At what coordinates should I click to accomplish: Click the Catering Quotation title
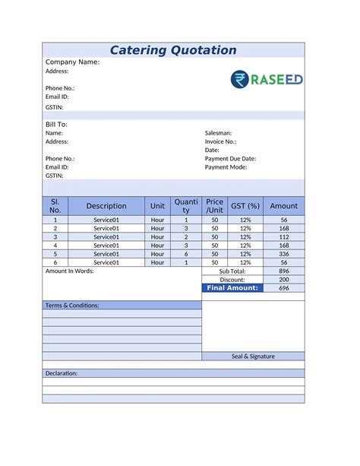(x=173, y=50)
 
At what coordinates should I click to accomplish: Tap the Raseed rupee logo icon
(x=241, y=80)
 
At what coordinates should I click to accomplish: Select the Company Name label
(x=73, y=62)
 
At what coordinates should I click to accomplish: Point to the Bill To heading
(x=57, y=124)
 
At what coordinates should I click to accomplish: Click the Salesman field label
(x=218, y=133)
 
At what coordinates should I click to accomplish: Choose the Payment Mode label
(x=226, y=167)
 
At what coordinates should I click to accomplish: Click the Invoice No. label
(x=220, y=141)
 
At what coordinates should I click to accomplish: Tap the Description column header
(x=106, y=206)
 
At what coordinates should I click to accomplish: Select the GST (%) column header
(x=245, y=206)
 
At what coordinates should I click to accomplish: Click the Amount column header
(x=284, y=206)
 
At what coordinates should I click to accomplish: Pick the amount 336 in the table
(x=284, y=254)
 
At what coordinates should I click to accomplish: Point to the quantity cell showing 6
(x=186, y=254)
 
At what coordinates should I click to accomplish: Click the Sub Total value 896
(x=284, y=271)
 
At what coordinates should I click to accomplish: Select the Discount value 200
(x=284, y=280)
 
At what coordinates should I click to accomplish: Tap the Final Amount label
(x=232, y=288)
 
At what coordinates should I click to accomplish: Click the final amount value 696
(x=284, y=288)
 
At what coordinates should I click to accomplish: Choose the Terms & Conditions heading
(x=72, y=306)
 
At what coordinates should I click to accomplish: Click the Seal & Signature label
(x=253, y=356)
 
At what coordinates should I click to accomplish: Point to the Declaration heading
(x=62, y=373)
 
